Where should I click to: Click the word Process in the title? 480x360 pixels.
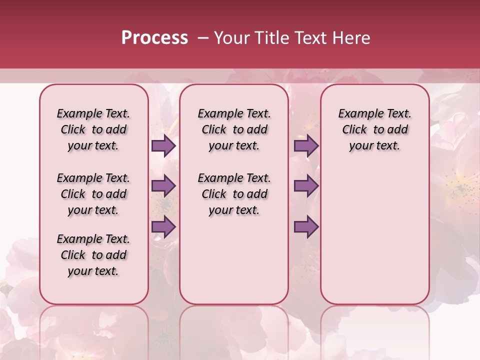[154, 38]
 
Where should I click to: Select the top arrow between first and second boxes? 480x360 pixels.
[163, 145]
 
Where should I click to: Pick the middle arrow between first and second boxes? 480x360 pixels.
[163, 186]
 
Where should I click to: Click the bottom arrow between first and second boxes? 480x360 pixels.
[163, 226]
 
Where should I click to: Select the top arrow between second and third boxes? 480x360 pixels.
[306, 145]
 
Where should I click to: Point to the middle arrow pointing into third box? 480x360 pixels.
[306, 186]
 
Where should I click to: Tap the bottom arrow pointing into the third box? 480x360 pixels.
[306, 226]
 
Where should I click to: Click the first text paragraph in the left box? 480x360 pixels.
[93, 129]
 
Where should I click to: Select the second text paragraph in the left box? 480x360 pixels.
[93, 194]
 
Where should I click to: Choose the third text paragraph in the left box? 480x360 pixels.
[93, 255]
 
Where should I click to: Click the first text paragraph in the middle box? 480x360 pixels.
[234, 129]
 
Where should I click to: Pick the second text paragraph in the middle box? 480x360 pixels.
[234, 194]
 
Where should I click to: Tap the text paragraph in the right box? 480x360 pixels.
[374, 129]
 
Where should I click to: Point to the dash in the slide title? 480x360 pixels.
[203, 38]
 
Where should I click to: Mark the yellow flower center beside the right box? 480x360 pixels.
[458, 188]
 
